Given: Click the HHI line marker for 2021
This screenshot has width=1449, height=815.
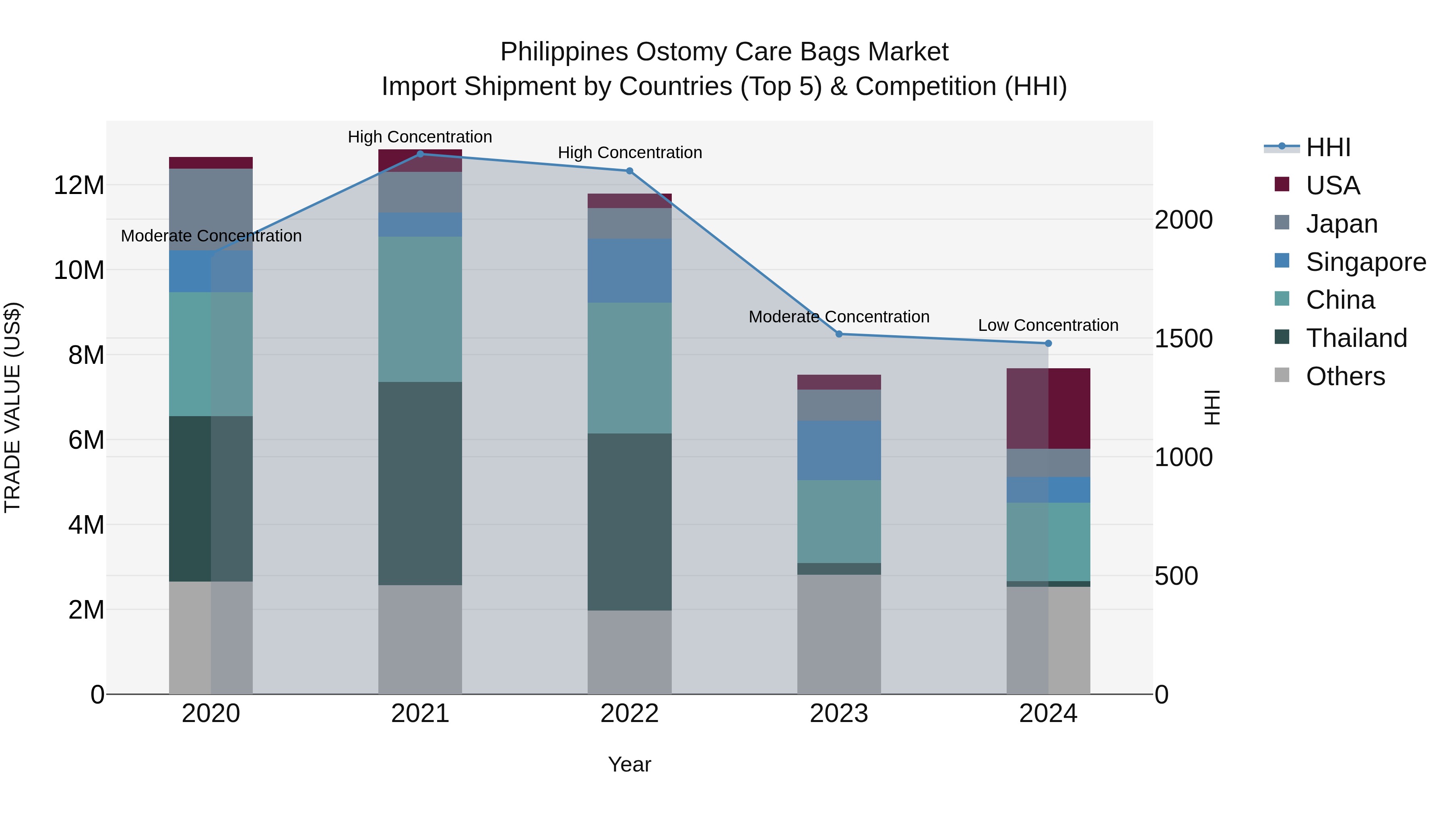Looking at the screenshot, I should [x=420, y=154].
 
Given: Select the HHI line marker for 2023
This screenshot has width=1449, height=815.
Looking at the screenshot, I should [x=839, y=334].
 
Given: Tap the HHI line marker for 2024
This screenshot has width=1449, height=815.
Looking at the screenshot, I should [x=1048, y=343].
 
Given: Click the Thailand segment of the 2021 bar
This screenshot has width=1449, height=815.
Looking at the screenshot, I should [x=420, y=484].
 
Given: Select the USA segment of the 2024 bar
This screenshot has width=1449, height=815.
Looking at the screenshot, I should [x=1048, y=409].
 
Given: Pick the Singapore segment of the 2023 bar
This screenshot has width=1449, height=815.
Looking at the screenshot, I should [x=839, y=450].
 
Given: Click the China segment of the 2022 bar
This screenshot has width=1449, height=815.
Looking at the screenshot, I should [x=630, y=368].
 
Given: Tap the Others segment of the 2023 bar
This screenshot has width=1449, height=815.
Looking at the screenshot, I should [x=839, y=634].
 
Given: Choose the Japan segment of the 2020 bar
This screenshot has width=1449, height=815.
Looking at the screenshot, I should [x=211, y=209].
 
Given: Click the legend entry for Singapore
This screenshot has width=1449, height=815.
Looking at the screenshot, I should [x=1366, y=262].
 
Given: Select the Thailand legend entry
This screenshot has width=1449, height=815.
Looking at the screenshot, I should [x=1356, y=338].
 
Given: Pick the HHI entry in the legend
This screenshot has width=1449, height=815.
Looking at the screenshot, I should [x=1328, y=147].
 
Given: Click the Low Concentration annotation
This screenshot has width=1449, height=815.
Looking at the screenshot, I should [x=1048, y=325].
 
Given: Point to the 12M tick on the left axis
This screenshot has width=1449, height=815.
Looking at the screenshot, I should [x=79, y=185].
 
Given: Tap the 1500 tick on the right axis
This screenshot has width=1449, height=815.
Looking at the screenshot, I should [x=1183, y=338].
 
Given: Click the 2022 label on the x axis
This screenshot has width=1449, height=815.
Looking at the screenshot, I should [x=630, y=714].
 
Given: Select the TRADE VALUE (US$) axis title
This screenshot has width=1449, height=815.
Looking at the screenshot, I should [x=12, y=407].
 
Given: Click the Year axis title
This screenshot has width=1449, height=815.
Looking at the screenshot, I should [x=630, y=764].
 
